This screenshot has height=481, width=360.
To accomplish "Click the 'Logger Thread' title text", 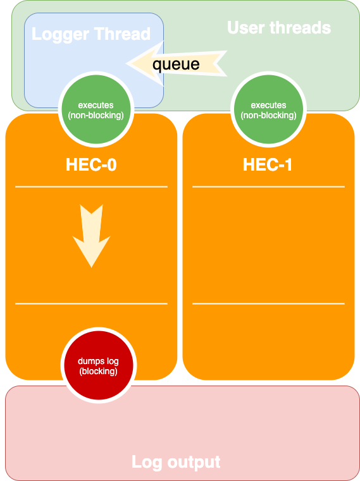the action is [x=91, y=34].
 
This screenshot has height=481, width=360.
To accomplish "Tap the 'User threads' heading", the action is [x=279, y=28].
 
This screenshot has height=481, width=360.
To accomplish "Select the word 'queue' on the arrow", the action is [x=176, y=64].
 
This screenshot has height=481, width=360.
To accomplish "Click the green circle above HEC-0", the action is [x=96, y=109].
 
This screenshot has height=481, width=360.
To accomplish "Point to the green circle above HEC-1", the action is [x=268, y=109].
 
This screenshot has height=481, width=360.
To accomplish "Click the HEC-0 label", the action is [x=91, y=165].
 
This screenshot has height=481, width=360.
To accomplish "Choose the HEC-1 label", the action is [x=267, y=165].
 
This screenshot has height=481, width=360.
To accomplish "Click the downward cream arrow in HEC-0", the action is [x=91, y=236].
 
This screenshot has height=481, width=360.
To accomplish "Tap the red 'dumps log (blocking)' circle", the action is [x=98, y=366].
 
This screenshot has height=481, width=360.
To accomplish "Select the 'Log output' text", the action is [x=176, y=462].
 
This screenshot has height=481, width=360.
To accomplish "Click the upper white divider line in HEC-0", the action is [x=91, y=186].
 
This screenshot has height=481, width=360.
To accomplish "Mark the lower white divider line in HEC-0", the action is [x=91, y=303].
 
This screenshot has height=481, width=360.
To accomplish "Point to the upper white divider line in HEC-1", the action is [x=268, y=186].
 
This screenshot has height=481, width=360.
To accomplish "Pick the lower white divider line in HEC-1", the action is [x=268, y=303].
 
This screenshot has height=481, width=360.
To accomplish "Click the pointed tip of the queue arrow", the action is [x=127, y=63].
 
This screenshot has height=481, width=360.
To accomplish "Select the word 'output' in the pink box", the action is [x=194, y=463].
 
